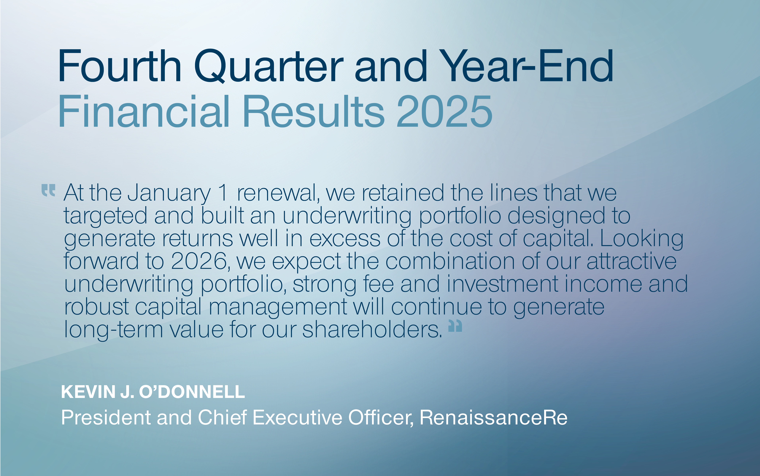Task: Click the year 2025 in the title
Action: pos(444,112)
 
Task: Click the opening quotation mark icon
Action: pos(48,190)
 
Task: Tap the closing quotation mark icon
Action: pos(455,326)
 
